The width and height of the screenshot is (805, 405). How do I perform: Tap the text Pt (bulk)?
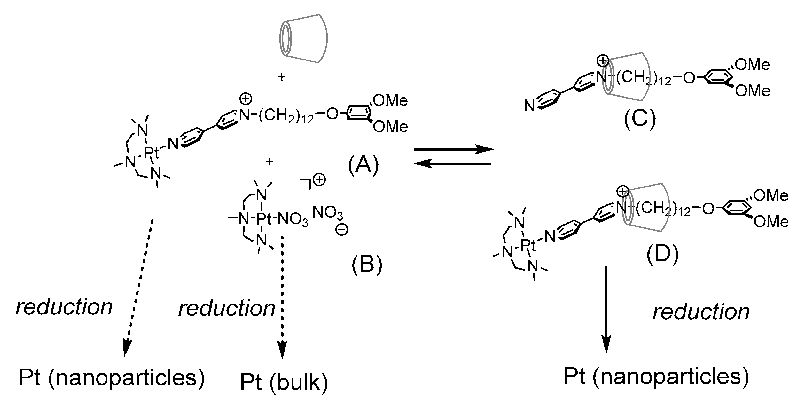click(284, 383)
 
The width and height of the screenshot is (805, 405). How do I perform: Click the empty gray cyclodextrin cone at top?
click(303, 38)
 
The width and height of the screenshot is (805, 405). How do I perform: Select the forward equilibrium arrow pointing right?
click(452, 149)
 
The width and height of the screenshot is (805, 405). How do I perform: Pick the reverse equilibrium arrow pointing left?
click(452, 164)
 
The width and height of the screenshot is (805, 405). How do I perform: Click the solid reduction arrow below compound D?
click(606, 314)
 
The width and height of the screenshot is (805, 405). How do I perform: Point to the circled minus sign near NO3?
click(341, 230)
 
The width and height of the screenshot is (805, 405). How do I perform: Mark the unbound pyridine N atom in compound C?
click(530, 106)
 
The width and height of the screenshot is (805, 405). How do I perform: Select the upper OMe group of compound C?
click(752, 65)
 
